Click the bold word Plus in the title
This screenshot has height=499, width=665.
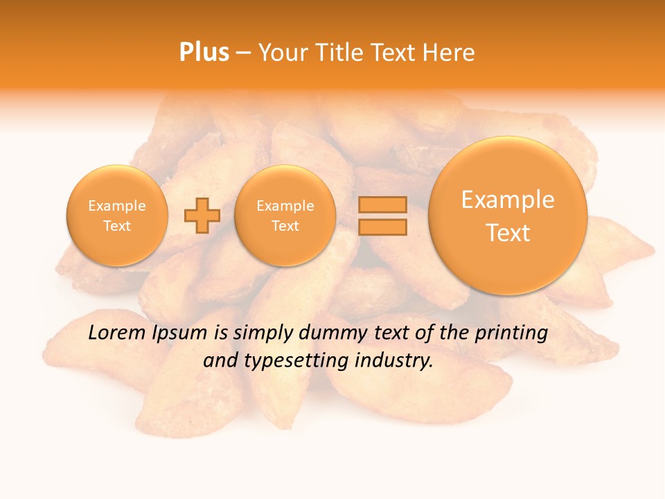(204, 52)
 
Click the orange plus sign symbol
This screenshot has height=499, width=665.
(202, 216)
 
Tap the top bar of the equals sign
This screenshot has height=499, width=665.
(382, 205)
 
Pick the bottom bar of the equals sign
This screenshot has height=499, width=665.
(382, 227)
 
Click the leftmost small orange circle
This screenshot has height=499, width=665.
(116, 216)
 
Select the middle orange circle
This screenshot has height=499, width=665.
(285, 216)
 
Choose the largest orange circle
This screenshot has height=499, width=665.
(508, 216)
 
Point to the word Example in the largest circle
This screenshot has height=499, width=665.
(508, 200)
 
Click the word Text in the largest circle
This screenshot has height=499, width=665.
(508, 233)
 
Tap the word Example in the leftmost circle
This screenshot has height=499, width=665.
(116, 206)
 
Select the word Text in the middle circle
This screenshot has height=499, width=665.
(285, 226)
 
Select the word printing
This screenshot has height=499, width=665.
(511, 333)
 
